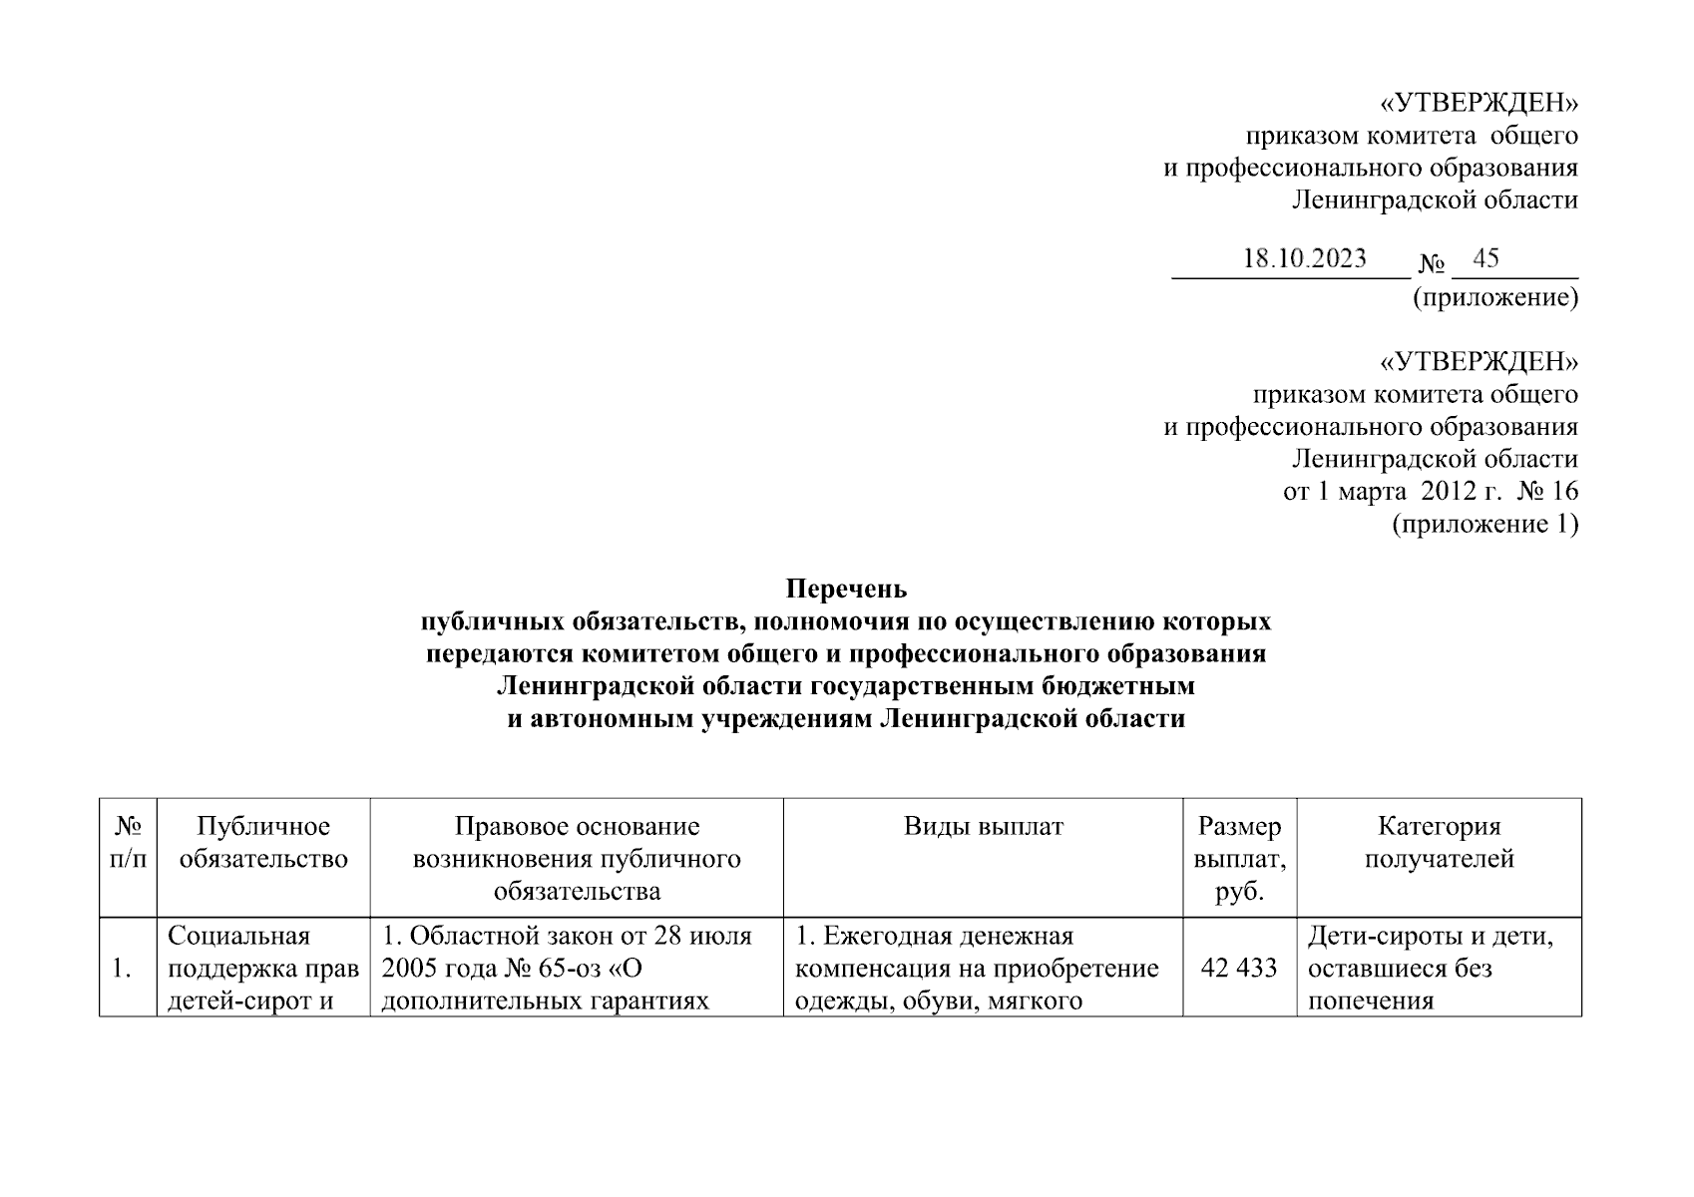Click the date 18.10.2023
1304,259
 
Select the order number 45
1485,259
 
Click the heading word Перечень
846,589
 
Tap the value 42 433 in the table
1239,968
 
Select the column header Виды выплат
983,827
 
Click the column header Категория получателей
1439,843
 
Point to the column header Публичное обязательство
263,843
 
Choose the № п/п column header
129,843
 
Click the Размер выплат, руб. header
1239,859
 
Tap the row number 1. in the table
122,968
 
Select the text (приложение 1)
1484,524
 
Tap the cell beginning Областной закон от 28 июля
576,968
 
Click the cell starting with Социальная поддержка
263,968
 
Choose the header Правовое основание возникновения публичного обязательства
576,859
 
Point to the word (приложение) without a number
1494,297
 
